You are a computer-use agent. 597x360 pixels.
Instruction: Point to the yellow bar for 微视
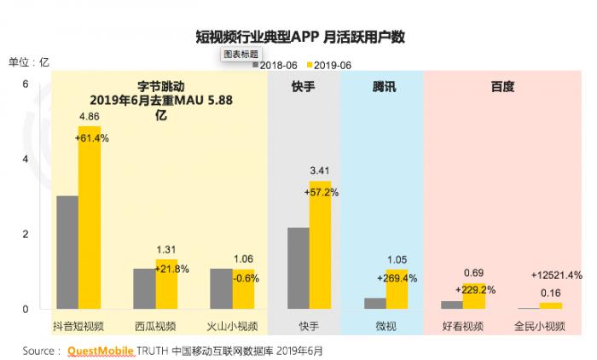tap(397, 288)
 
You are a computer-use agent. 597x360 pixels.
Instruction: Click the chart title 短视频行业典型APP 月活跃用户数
tap(298, 38)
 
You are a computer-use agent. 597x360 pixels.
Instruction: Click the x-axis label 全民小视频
tap(540, 325)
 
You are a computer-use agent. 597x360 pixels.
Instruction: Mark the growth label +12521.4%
tap(556, 276)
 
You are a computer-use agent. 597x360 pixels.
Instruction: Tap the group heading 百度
tap(502, 87)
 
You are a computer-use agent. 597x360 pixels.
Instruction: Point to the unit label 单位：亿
tap(31, 61)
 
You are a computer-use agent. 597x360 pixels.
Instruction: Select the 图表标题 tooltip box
tap(241, 53)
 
